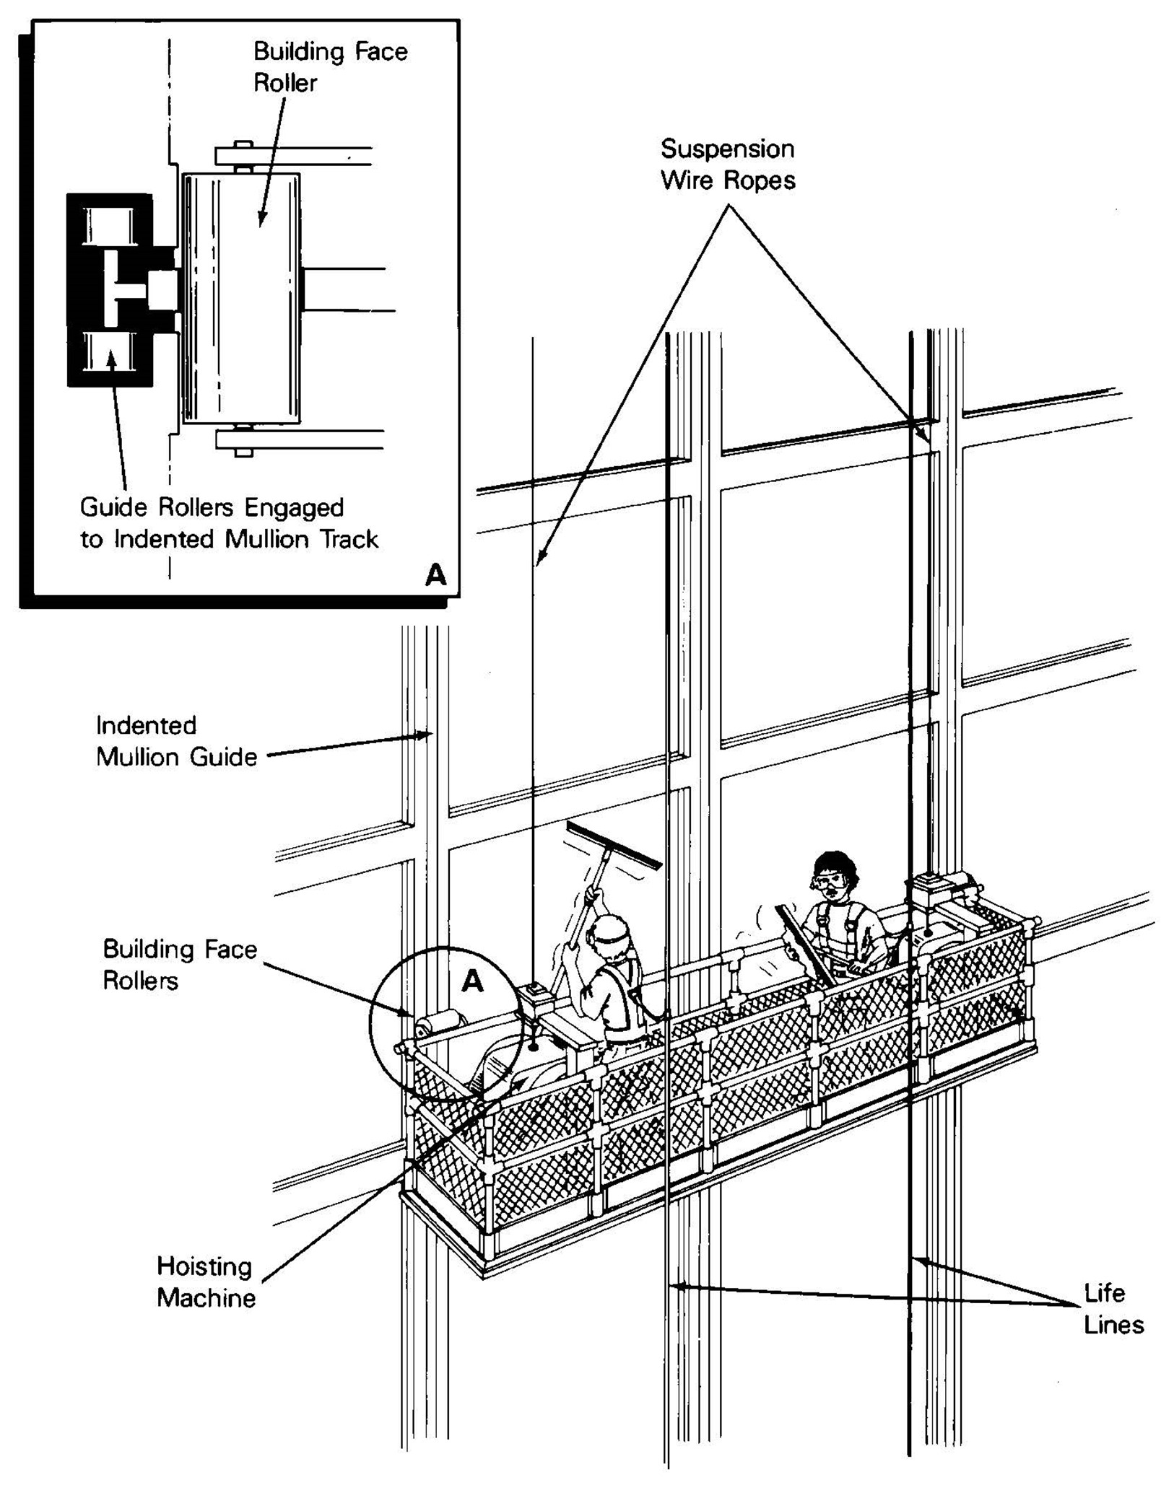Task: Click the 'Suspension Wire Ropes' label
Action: [727, 165]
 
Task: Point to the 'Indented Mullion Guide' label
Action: [176, 741]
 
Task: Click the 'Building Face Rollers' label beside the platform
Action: [179, 964]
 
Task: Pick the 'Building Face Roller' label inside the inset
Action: [330, 67]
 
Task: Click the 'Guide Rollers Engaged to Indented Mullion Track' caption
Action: [228, 523]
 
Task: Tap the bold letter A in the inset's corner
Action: [435, 575]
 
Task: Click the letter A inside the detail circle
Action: [471, 981]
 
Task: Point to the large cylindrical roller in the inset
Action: [241, 297]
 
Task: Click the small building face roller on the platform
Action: [440, 1022]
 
